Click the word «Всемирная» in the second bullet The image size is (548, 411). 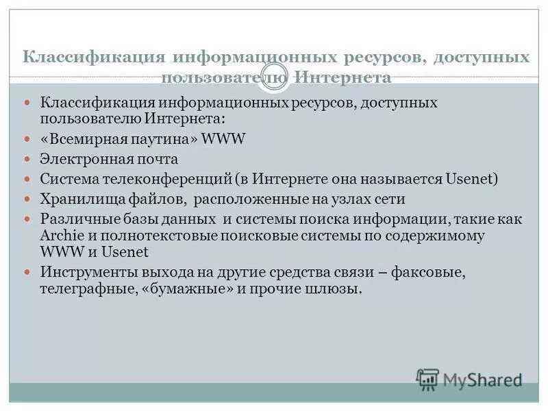click(84, 139)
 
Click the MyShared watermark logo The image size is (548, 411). click(469, 379)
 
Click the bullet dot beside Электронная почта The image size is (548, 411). click(28, 159)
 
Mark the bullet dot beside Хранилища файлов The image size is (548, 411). click(28, 199)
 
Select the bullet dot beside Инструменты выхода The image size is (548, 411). click(28, 272)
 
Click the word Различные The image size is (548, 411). click(74, 220)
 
